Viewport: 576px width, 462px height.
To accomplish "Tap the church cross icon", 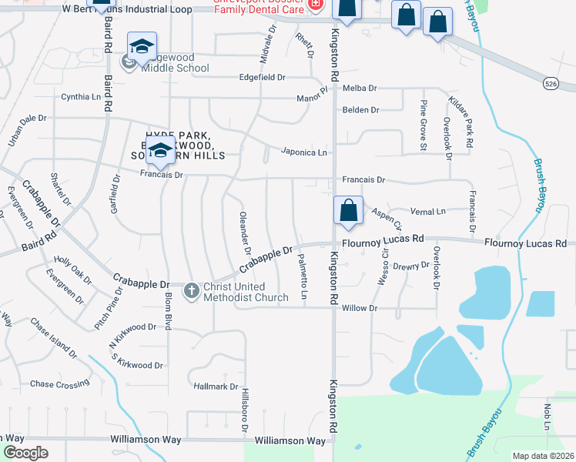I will (x=191, y=291).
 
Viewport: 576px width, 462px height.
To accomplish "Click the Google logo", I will (x=26, y=453).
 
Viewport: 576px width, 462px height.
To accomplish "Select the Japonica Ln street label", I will (x=303, y=152).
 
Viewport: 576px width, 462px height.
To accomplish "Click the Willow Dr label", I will (x=361, y=308).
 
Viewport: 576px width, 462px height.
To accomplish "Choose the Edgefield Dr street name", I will (x=263, y=78).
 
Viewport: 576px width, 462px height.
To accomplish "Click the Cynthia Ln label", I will (x=81, y=98).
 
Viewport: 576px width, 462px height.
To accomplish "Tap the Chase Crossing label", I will (x=59, y=384).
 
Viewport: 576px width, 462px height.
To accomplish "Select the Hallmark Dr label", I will (x=216, y=387).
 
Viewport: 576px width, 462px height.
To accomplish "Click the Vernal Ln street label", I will (x=429, y=212).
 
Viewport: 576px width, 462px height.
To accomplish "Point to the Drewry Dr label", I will (x=410, y=266).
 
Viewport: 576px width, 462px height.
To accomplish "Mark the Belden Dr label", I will (x=360, y=110).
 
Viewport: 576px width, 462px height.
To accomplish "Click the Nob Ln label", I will (x=548, y=416).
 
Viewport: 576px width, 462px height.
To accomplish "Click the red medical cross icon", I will (x=314, y=5).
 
